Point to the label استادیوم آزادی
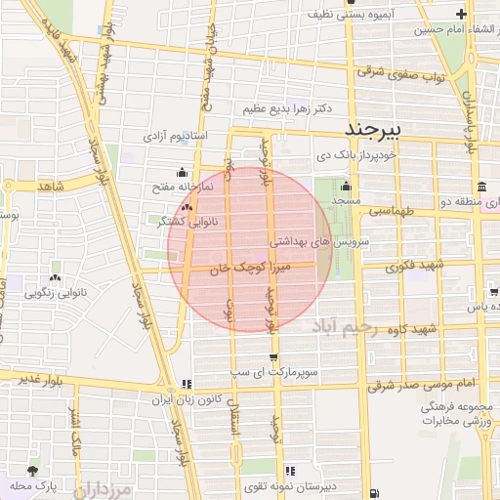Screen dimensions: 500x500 (176, 135)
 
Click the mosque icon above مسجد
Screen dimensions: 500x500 (344, 186)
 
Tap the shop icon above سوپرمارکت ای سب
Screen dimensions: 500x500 (272, 357)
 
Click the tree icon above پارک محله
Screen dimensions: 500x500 (34, 472)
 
